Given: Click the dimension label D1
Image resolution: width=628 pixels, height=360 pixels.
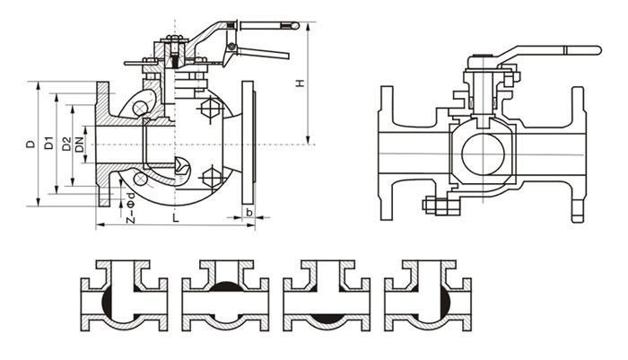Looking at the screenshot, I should click(50, 142).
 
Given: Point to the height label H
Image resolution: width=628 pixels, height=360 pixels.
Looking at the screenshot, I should click(300, 84).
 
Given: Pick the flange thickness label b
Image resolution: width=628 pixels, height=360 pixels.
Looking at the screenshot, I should click(249, 215).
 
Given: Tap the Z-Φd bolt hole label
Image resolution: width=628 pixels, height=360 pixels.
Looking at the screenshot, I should click(131, 207).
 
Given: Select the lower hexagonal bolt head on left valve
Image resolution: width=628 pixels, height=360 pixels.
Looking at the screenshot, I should click(212, 175).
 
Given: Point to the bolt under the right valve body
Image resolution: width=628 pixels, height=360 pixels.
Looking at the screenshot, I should click(437, 207).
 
